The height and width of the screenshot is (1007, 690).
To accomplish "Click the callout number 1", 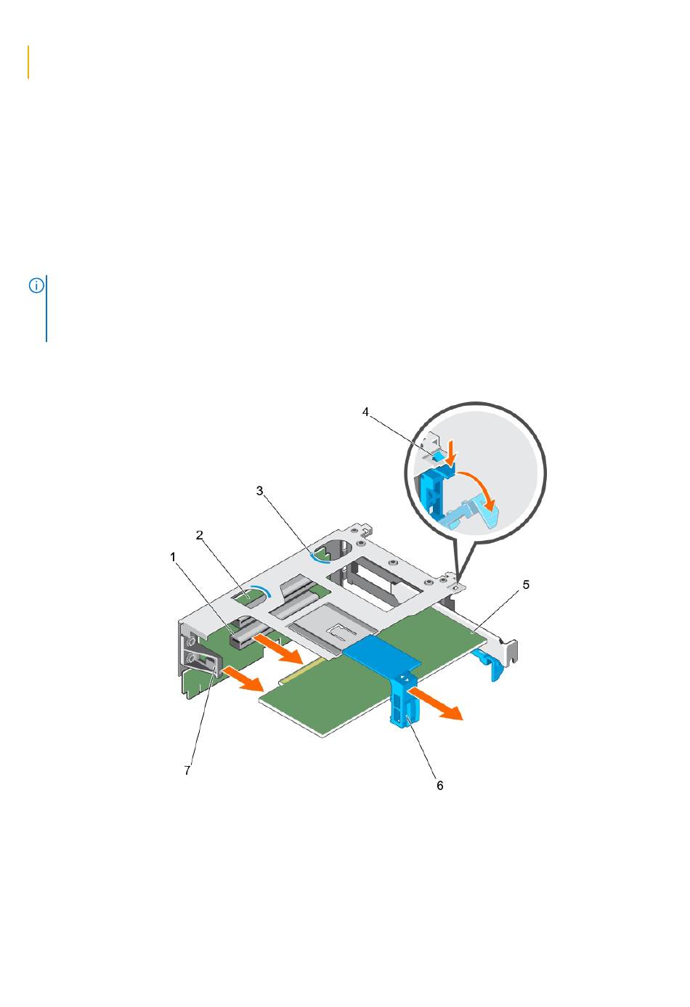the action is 173,557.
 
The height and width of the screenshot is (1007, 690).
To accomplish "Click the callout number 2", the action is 199,535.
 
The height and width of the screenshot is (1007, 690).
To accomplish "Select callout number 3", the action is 259,491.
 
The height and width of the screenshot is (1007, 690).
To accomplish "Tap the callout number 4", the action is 365,412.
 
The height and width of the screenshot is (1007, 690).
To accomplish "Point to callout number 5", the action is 526,584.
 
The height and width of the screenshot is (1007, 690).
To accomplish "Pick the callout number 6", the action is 440,786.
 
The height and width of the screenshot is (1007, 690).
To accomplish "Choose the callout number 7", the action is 187,770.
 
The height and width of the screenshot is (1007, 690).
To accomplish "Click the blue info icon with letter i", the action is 36,285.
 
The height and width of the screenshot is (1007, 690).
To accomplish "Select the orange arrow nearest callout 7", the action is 242,678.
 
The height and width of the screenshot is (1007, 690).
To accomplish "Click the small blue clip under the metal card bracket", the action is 487,665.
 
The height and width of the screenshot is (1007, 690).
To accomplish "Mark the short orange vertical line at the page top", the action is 28,62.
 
